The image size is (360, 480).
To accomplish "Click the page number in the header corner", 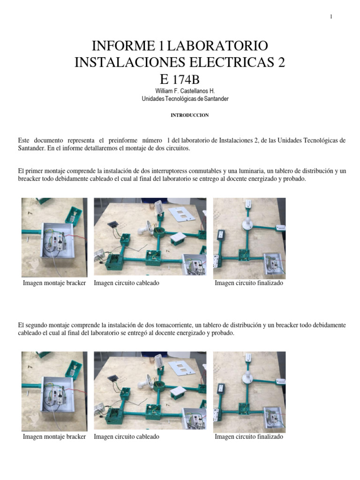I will [x=331, y=17].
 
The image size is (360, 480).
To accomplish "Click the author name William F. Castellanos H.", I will [x=180, y=91].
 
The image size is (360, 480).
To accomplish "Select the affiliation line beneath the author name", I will [x=180, y=99].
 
